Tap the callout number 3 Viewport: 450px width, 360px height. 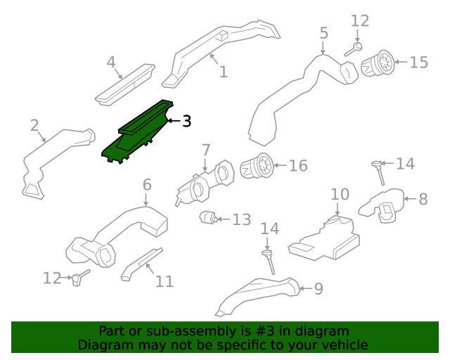186,122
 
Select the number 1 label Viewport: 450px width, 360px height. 223,72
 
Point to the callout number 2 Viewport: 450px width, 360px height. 34,126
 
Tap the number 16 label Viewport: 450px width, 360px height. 298,166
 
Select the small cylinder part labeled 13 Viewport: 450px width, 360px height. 207,218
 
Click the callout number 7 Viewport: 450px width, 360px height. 206,150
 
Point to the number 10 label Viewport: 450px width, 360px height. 340,193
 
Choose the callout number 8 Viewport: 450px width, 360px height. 423,199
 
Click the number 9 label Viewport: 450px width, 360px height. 319,288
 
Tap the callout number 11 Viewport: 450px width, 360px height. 164,281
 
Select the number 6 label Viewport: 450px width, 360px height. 146,185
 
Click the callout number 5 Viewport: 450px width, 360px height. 323,33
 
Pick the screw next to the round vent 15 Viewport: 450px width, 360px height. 354,49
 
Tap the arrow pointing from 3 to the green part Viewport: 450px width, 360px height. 173,122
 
